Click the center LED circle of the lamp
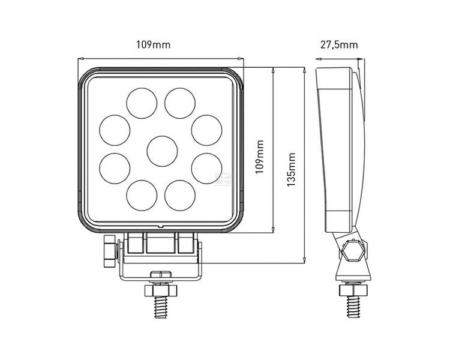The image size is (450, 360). tap(161, 150)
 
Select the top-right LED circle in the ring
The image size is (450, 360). tap(181, 101)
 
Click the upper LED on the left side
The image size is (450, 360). tap(113, 130)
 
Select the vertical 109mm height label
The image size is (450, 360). tap(259, 157)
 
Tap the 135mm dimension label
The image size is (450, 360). tap(292, 169)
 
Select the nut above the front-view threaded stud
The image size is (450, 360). tap(161, 290)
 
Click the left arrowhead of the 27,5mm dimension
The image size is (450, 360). tap(319, 59)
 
